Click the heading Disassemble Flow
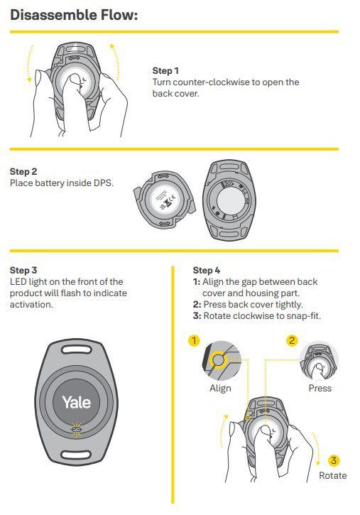(74, 15)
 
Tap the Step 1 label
(165, 70)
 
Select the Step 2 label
(23, 171)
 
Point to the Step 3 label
(23, 271)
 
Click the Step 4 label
(207, 271)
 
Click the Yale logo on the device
(76, 402)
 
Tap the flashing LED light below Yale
(76, 429)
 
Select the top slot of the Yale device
(76, 349)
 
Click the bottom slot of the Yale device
(76, 455)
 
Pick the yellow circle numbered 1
(194, 340)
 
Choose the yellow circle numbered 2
(292, 340)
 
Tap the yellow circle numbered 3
(334, 460)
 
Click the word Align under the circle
(220, 389)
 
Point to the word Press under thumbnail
(320, 389)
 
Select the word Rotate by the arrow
(333, 475)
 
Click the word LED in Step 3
(18, 282)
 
